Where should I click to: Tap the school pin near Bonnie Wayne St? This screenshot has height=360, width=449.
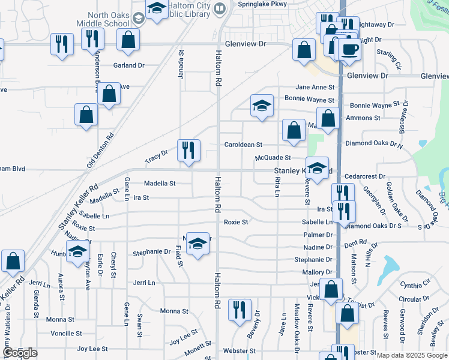(262, 106)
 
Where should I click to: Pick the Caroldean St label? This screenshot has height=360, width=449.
(244, 145)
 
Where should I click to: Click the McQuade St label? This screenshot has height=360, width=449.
(273, 158)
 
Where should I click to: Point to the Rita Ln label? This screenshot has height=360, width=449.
(277, 186)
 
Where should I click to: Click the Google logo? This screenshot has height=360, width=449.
(20, 353)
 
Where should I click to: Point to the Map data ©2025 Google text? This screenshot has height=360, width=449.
(411, 355)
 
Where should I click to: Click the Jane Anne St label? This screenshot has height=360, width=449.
(315, 87)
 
